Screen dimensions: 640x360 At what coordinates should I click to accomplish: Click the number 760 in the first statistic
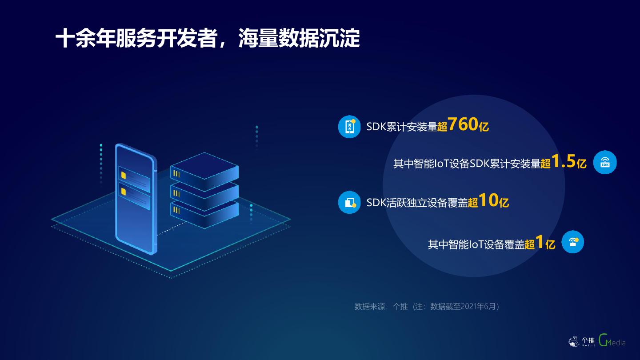click(x=463, y=125)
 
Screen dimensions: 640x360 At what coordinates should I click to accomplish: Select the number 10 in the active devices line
click(x=488, y=201)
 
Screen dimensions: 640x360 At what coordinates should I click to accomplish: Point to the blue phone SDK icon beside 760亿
click(x=349, y=127)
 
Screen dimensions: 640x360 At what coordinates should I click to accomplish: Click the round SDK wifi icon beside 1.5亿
click(x=605, y=162)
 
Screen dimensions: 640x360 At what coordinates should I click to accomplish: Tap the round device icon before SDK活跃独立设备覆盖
click(x=349, y=202)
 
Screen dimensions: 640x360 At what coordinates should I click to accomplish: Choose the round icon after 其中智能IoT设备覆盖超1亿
click(x=572, y=242)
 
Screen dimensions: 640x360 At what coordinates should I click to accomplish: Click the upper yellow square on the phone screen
click(x=123, y=175)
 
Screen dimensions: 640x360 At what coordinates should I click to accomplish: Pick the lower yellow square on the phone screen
click(x=123, y=192)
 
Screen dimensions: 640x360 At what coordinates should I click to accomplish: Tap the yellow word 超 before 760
click(x=442, y=127)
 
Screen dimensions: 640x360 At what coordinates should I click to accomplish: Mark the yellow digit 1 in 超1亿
click(x=540, y=243)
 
